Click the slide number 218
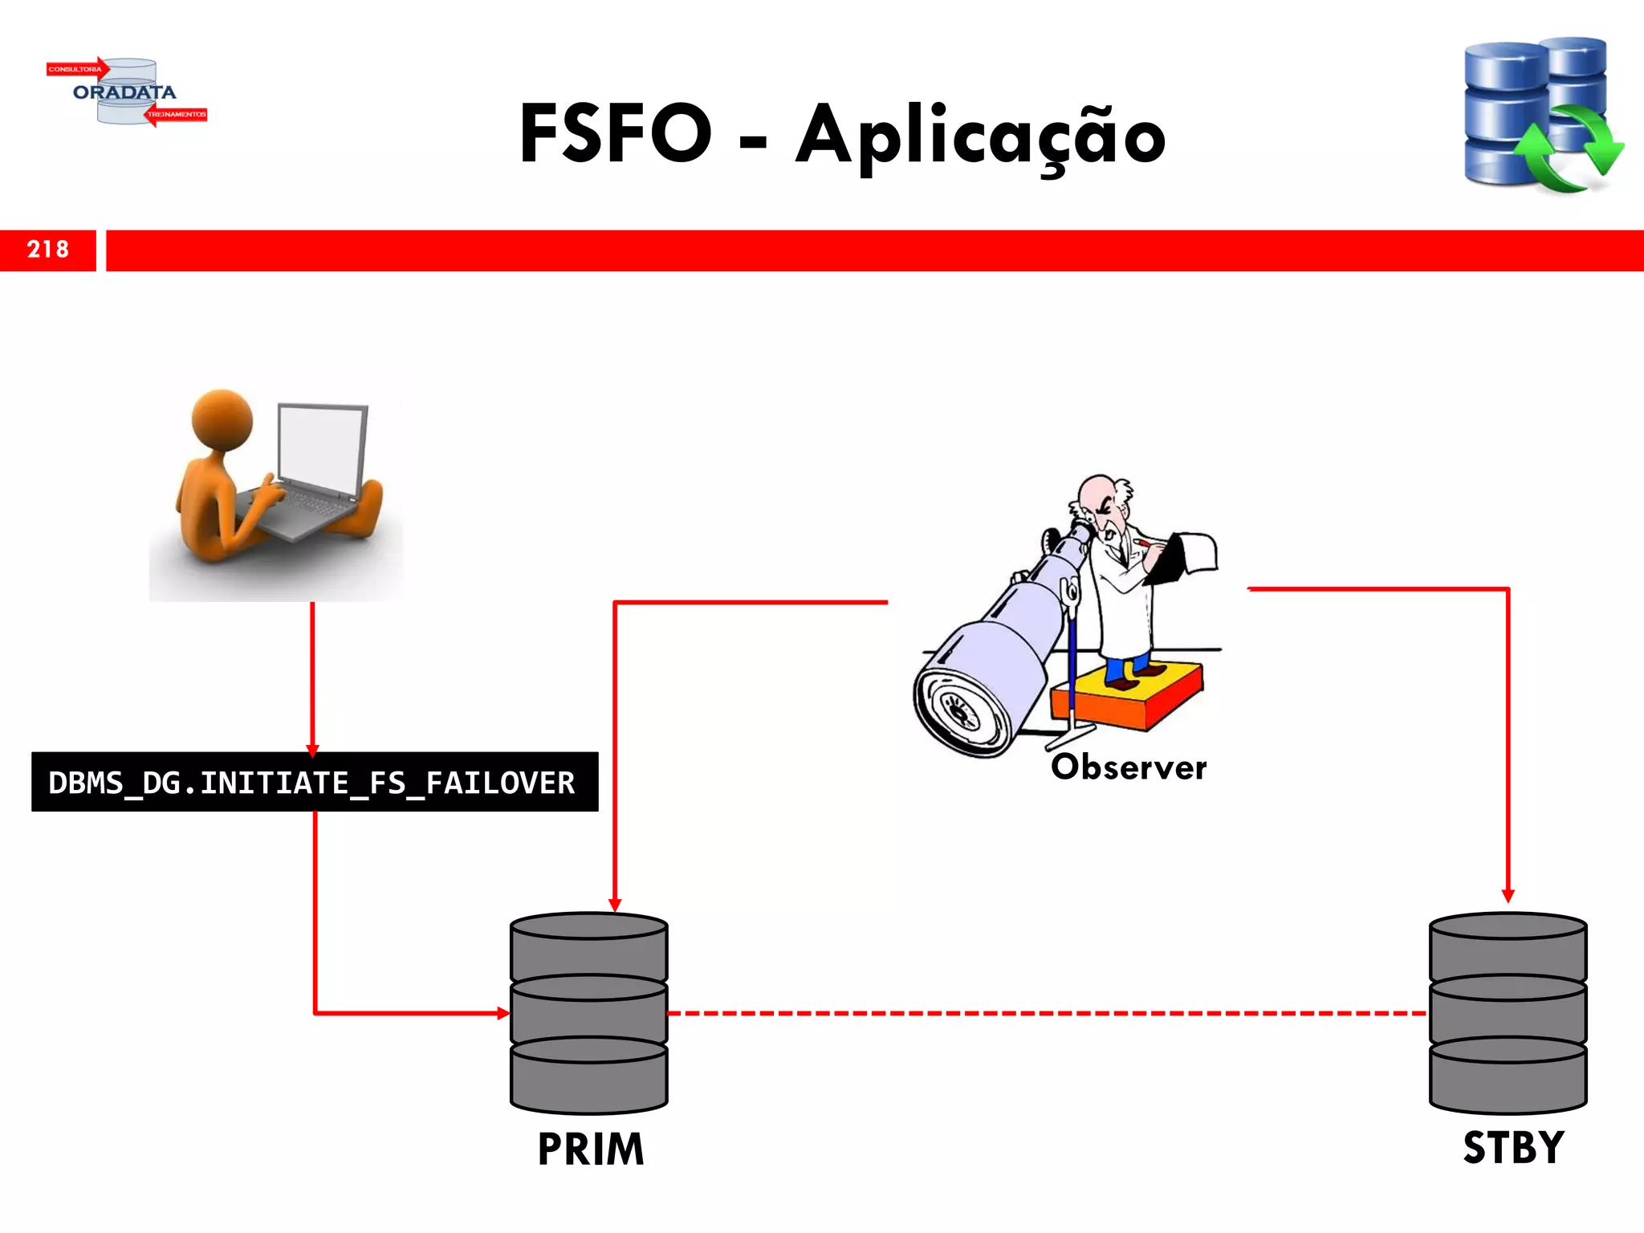point(48,250)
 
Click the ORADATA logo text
point(124,92)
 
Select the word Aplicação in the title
point(980,136)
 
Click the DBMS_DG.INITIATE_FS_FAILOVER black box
point(314,782)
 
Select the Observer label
point(1128,767)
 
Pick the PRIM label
point(591,1149)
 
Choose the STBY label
point(1513,1147)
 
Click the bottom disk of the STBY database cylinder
point(1508,1076)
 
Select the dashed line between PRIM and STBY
point(1044,1013)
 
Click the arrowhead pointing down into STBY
point(1508,896)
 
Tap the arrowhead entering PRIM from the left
point(503,1013)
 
